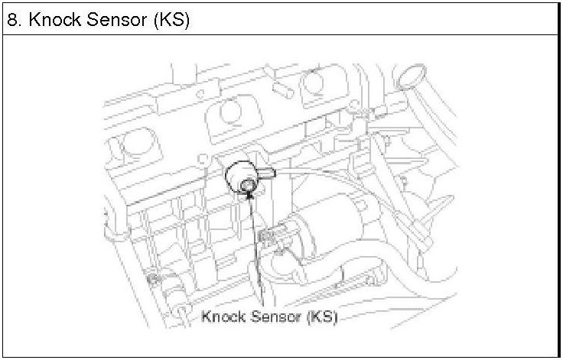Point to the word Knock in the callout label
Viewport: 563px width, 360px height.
[223, 316]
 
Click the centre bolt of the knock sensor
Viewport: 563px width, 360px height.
[246, 186]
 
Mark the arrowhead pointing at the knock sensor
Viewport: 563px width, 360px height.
[249, 196]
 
